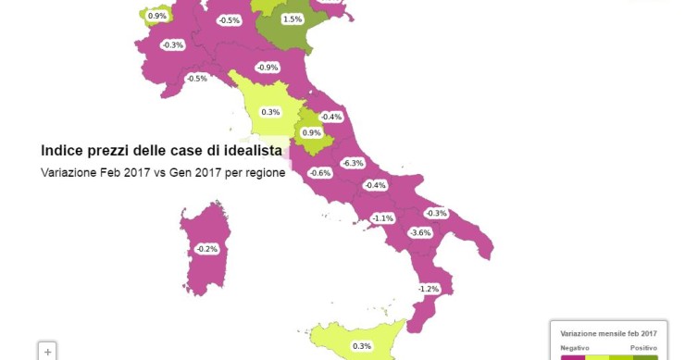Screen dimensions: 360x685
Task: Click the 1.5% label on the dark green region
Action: [292, 19]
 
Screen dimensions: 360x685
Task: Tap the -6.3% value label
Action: [353, 163]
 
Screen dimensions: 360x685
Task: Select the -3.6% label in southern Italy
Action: [421, 232]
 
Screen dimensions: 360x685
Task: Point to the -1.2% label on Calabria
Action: [429, 290]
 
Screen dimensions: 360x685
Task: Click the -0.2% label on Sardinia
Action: [206, 249]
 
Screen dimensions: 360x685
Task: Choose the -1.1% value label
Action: [382, 218]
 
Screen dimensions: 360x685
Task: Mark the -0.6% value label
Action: [320, 173]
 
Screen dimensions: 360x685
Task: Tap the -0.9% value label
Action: [268, 68]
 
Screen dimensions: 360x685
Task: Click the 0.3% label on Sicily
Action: [362, 346]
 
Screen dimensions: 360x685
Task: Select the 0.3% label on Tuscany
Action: [270, 112]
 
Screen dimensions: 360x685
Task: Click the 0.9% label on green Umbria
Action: [312, 133]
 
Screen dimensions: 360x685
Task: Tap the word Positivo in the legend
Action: [644, 347]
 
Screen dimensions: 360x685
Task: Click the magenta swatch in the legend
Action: [573, 357]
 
